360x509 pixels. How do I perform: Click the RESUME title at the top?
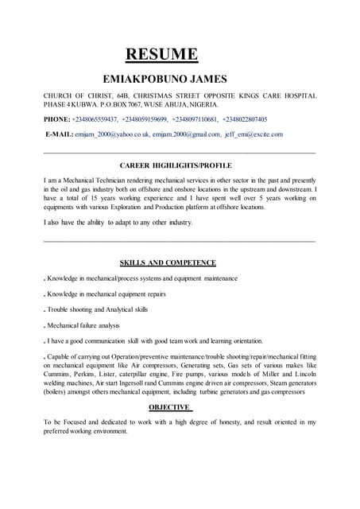161,54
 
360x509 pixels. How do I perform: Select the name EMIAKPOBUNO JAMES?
165,79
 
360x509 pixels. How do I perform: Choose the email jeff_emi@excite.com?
254,134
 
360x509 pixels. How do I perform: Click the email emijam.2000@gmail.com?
186,134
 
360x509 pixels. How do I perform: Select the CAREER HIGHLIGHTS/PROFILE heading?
180,165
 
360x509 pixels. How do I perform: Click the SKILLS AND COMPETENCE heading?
168,262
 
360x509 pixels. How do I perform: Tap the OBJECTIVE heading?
171,407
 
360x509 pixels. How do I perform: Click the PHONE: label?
56,119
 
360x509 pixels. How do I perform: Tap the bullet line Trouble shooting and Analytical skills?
96,309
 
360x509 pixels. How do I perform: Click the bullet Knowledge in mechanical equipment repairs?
110,294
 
